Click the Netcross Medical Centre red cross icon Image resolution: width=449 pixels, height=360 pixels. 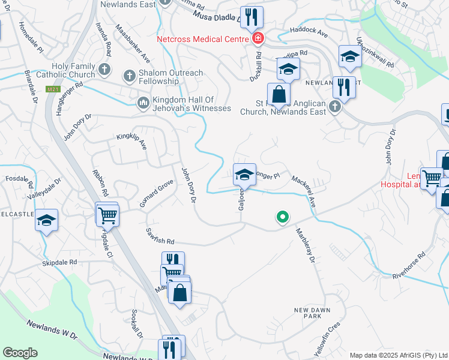click(258, 39)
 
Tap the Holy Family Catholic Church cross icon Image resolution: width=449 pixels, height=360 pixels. click(104, 69)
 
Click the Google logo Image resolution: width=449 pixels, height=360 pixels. click(20, 353)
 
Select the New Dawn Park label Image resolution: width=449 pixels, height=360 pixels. click(309, 313)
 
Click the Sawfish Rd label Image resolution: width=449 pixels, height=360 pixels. click(160, 236)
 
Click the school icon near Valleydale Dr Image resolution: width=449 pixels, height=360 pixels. click(46, 220)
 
